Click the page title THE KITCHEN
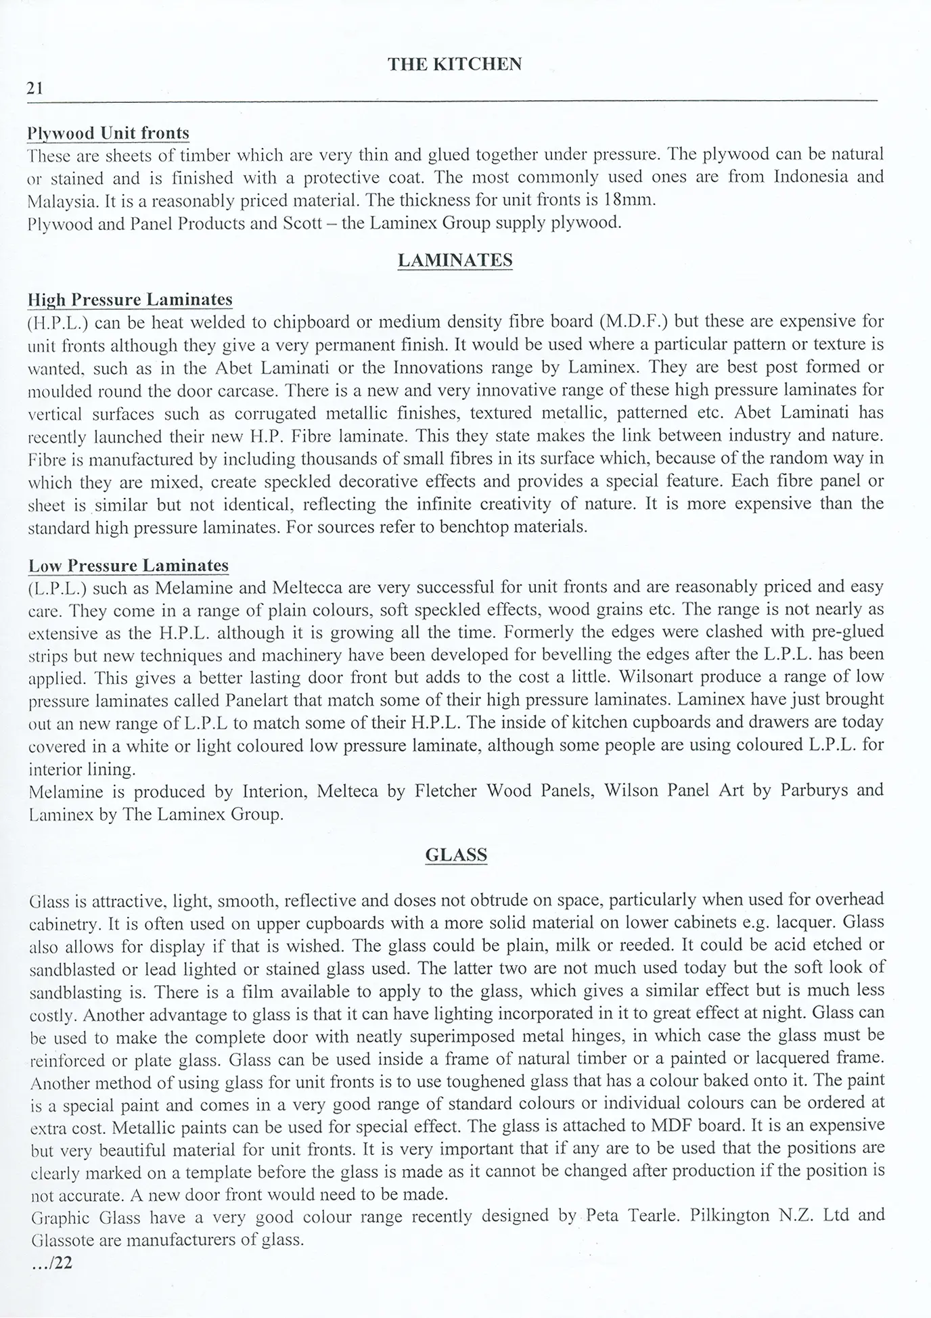455,64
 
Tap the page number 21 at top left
35,88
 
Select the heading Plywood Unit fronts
108,133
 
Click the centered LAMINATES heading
455,260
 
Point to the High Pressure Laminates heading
130,300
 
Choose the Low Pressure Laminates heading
129,566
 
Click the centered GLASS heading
456,855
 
